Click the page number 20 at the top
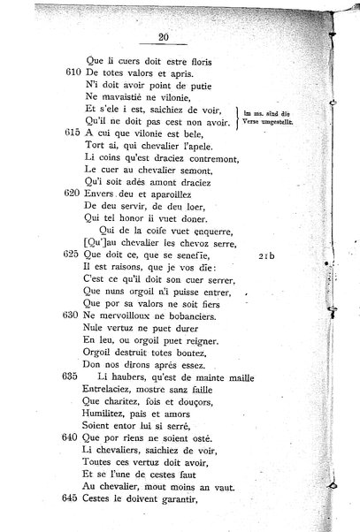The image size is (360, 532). point(163,37)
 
